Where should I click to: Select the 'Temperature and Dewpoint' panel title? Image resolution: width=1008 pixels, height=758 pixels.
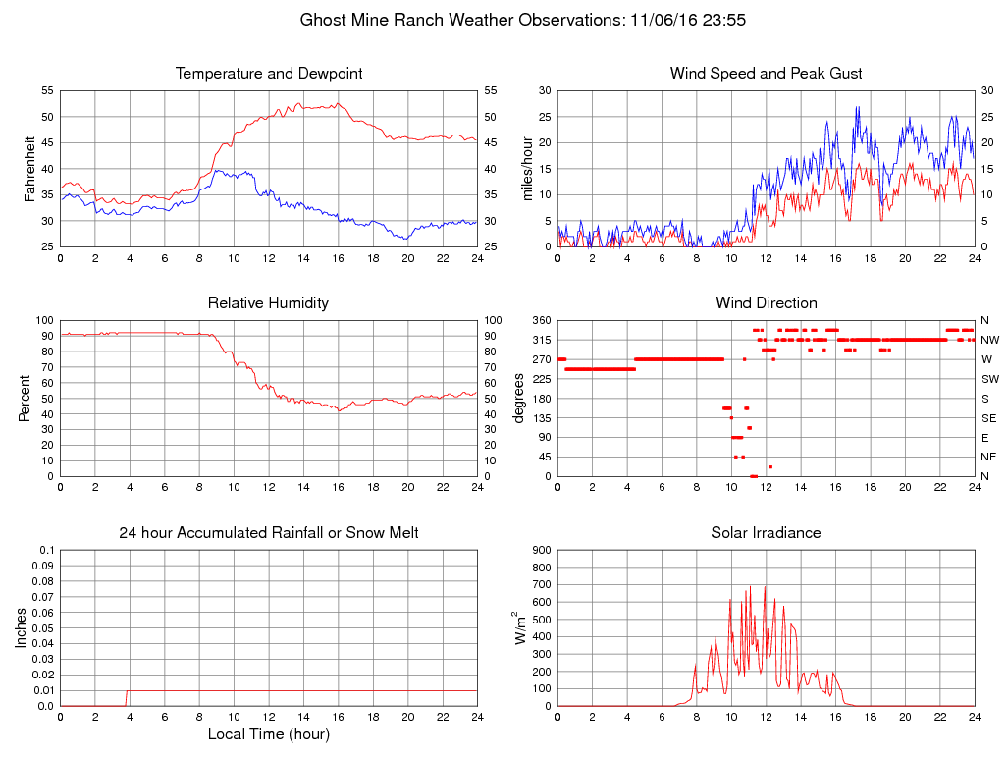[x=269, y=74]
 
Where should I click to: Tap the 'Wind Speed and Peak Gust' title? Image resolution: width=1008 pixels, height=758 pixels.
[x=766, y=74]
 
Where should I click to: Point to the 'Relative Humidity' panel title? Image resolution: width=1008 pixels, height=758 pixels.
[x=269, y=303]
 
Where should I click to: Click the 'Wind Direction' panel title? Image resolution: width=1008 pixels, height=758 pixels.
[x=766, y=303]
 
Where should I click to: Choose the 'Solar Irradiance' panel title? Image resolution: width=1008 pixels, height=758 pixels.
[x=766, y=533]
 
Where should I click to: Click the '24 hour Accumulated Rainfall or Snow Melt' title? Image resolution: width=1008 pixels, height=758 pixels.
[x=269, y=533]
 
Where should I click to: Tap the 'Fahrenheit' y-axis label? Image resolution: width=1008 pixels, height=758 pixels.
[x=28, y=169]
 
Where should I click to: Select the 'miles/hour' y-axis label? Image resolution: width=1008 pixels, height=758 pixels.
[x=527, y=169]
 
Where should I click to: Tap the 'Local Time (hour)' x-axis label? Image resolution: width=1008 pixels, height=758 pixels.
[x=269, y=733]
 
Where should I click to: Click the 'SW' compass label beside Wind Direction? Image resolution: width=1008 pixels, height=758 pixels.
[x=989, y=379]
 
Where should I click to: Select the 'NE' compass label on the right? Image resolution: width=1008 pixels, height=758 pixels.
[x=988, y=457]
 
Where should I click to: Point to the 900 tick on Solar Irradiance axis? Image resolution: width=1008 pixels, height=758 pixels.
[x=541, y=551]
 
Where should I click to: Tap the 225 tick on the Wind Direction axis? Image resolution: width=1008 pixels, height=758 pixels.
[x=541, y=379]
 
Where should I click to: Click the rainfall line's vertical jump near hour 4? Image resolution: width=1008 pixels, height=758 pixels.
[x=127, y=698]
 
